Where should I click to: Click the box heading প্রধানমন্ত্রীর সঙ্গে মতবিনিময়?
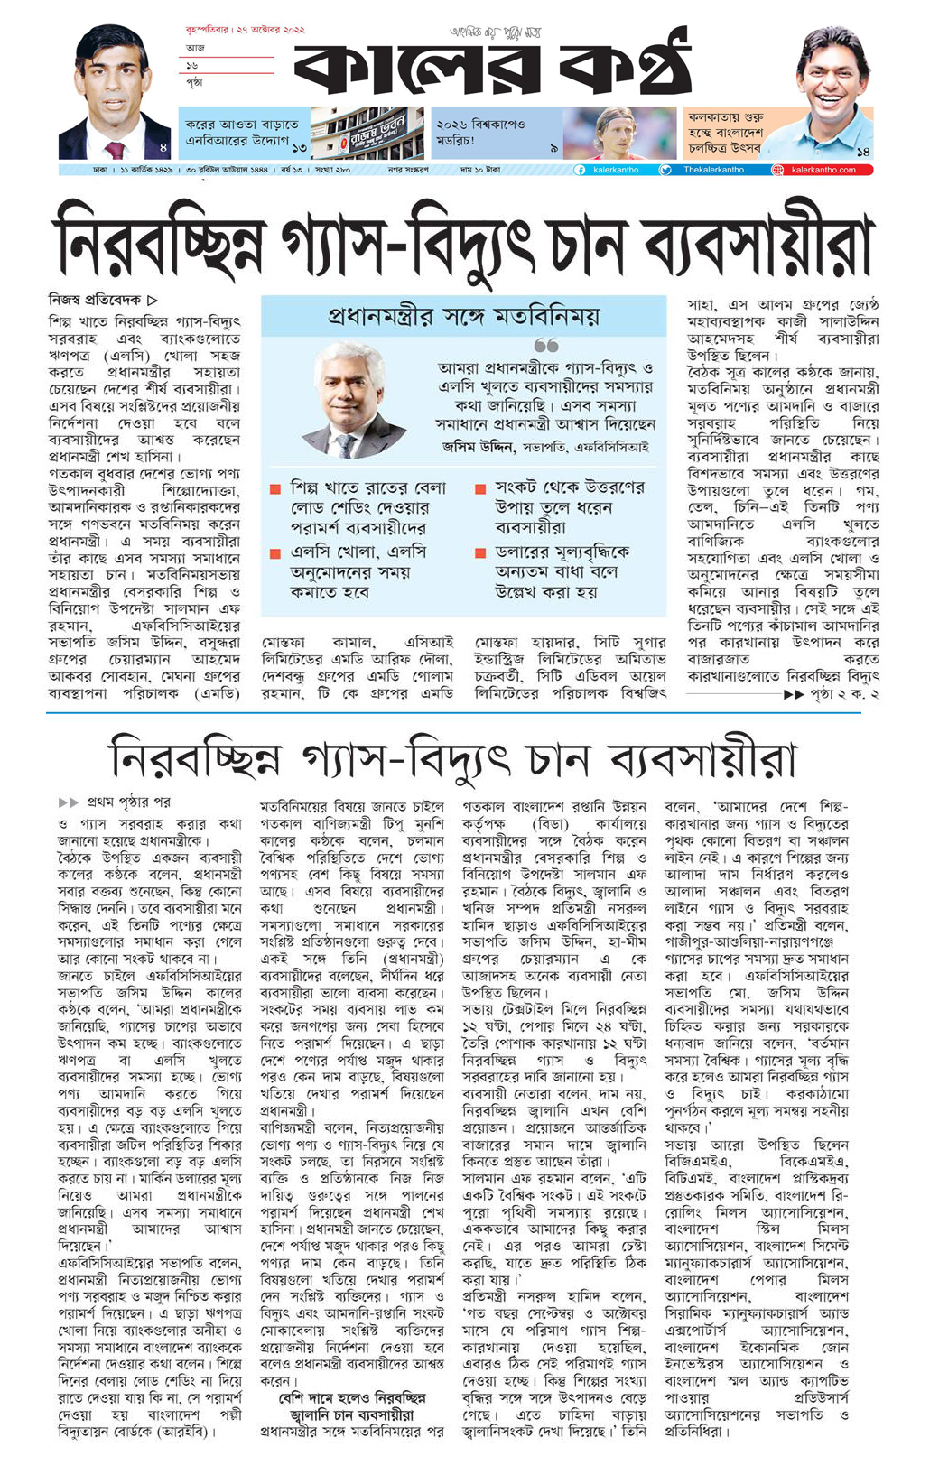coord(463,316)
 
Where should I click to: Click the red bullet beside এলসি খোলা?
coord(275,553)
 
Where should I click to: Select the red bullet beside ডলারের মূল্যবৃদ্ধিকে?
coord(480,553)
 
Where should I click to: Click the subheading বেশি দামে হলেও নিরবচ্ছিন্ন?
coord(352,1397)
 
